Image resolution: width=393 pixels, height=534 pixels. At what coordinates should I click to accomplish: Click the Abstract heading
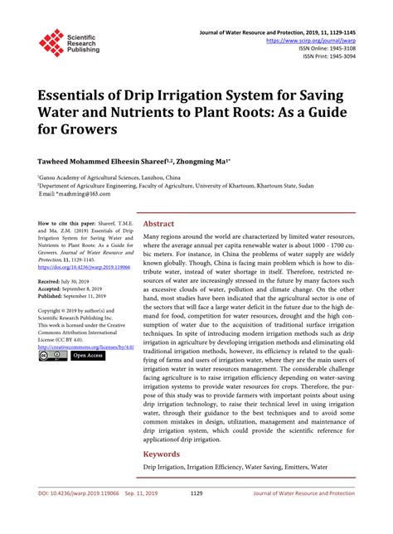(159, 224)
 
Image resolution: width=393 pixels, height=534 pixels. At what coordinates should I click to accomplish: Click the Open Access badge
(88, 355)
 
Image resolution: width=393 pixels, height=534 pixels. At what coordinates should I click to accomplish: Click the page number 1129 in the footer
(196, 515)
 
